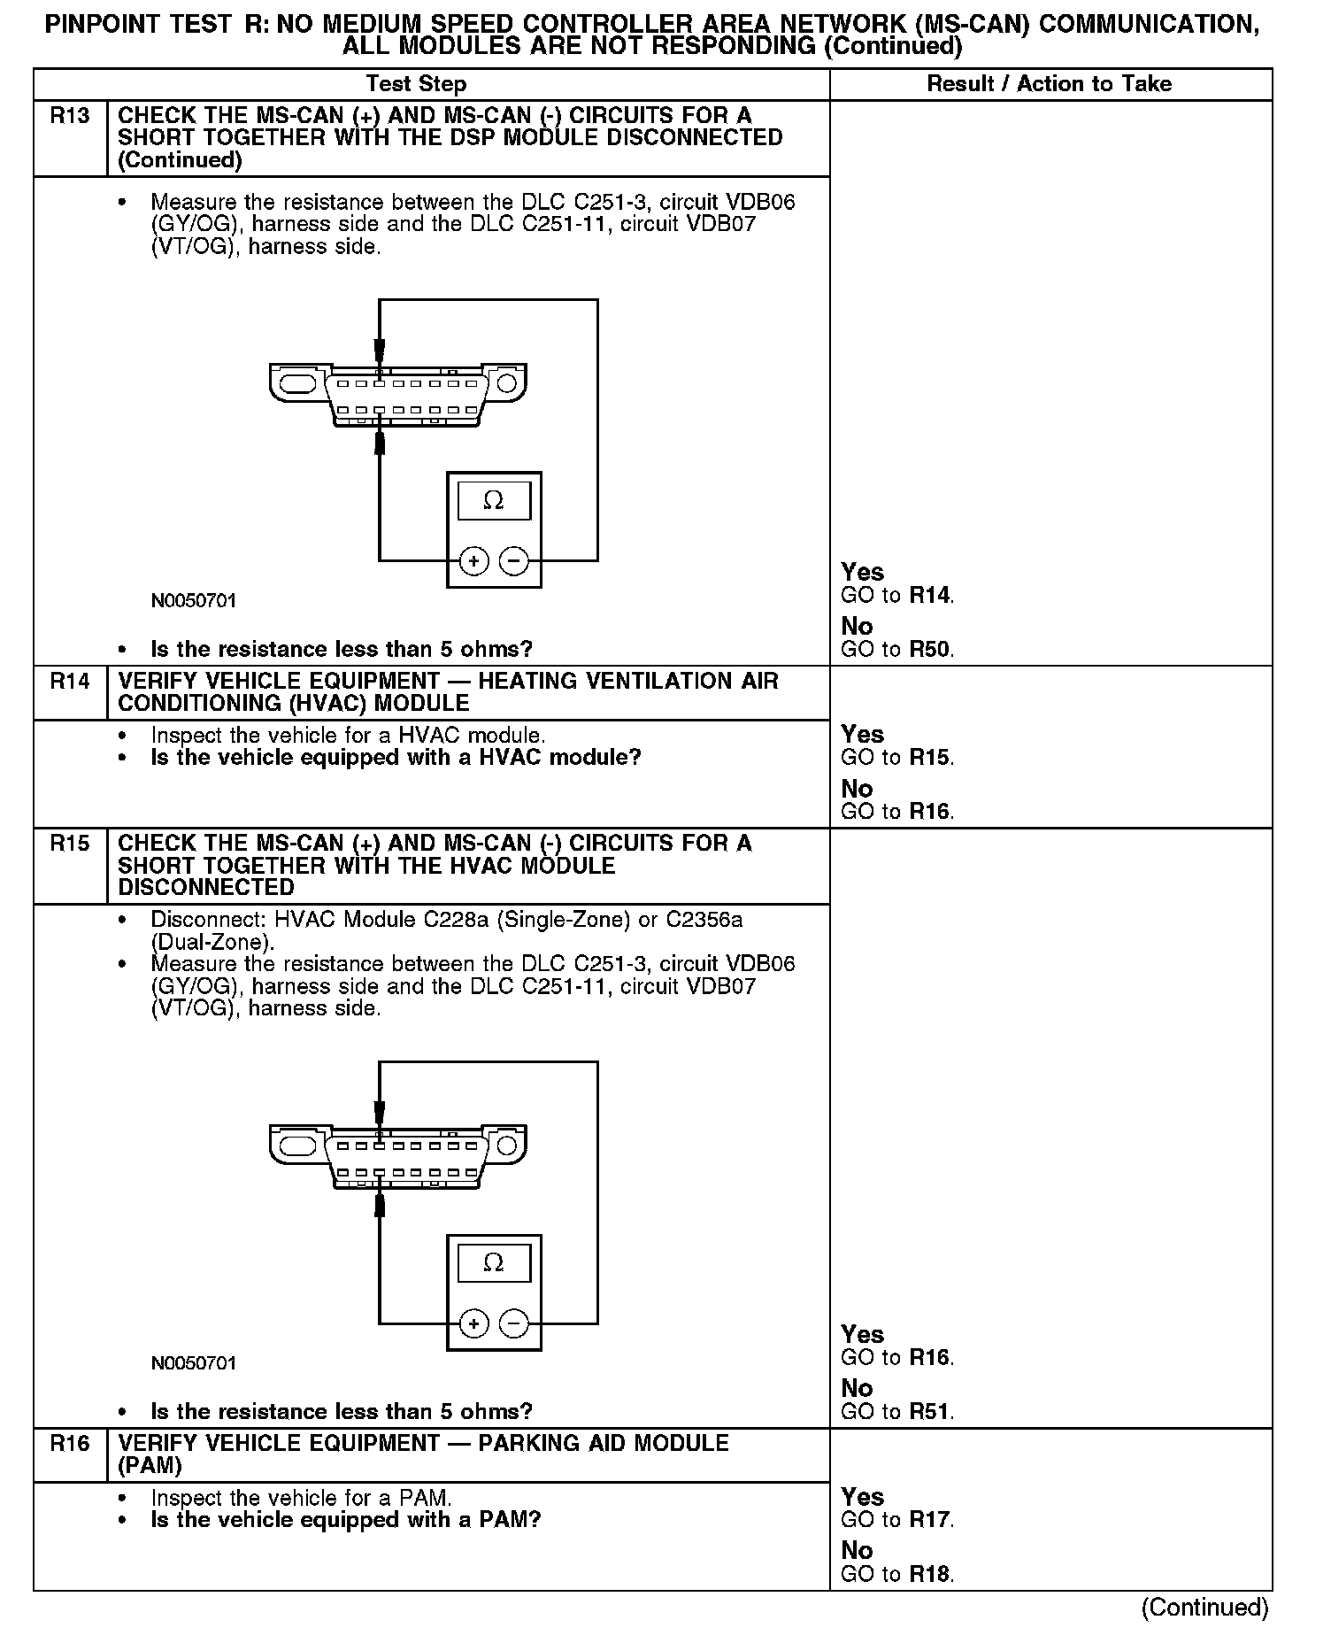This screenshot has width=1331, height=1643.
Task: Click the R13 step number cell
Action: pyautogui.click(x=70, y=116)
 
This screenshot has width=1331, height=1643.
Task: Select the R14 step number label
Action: pyautogui.click(x=70, y=682)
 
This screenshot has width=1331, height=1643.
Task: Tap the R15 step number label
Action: pyautogui.click(x=70, y=844)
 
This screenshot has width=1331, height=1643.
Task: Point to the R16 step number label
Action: pyautogui.click(x=70, y=1444)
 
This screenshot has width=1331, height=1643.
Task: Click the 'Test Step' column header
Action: pyautogui.click(x=416, y=84)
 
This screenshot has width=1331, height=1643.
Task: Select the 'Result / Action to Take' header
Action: pyautogui.click(x=1049, y=84)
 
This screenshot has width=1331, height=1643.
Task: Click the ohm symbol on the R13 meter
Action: pyautogui.click(x=494, y=502)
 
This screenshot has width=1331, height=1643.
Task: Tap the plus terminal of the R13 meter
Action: pyautogui.click(x=474, y=561)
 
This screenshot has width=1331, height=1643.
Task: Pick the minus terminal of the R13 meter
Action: pyautogui.click(x=513, y=561)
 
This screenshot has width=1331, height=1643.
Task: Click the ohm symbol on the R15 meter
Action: pyautogui.click(x=494, y=1263)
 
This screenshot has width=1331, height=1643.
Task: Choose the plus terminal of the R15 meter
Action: pyautogui.click(x=474, y=1323)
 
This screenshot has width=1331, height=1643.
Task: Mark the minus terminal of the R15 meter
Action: pyautogui.click(x=513, y=1323)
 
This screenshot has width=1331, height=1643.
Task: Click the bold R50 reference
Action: pyautogui.click(x=931, y=650)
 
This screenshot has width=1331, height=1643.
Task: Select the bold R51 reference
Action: pyautogui.click(x=931, y=1412)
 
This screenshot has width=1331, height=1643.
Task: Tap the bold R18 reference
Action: pyautogui.click(x=931, y=1575)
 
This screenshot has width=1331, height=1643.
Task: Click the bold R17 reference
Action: pyautogui.click(x=931, y=1521)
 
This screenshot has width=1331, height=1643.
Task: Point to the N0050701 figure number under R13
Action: pyautogui.click(x=194, y=601)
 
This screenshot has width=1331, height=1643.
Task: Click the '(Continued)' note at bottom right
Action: pyautogui.click(x=1204, y=1608)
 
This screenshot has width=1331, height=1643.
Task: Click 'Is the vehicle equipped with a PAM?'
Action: pyautogui.click(x=345, y=1521)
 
